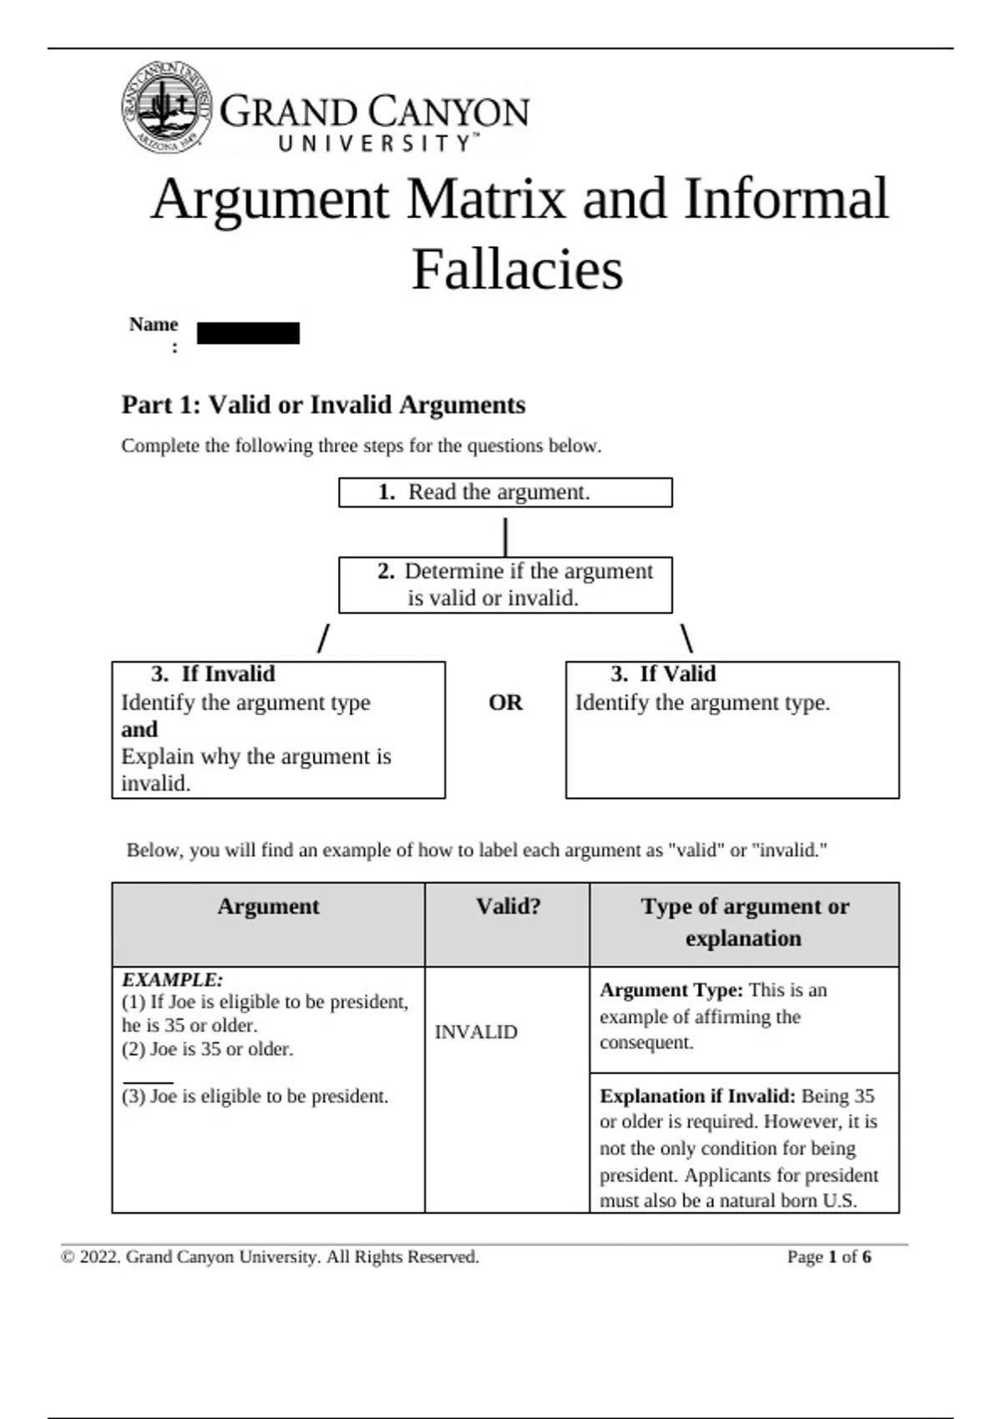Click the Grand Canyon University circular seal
coord(166,108)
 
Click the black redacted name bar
coord(248,334)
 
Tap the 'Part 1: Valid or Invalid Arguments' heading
coord(323,405)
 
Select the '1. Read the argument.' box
coord(505,492)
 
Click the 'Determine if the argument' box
coord(505,584)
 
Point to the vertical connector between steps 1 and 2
coord(505,537)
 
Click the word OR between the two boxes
coord(505,703)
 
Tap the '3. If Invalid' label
coord(213,674)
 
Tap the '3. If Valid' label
coord(663,674)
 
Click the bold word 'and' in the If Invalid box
coord(139,730)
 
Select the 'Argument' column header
coord(268,907)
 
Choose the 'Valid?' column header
coord(508,907)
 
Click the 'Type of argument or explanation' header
coord(744,922)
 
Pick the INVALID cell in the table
coord(476,1033)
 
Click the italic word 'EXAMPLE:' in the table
coord(173,980)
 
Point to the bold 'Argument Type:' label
coord(671,991)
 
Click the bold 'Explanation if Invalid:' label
coord(697,1096)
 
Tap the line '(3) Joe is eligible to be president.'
coord(256,1097)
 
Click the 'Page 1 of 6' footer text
coord(828,1257)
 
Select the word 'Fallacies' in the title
coord(517,270)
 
